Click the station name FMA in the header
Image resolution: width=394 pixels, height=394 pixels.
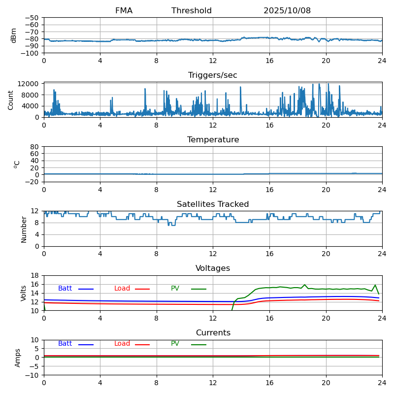(x=124, y=11)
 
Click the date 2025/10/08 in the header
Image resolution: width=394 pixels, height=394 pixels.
(x=287, y=11)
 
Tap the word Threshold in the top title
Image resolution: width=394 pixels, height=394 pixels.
(x=192, y=11)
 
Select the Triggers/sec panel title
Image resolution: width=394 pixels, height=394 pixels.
(x=213, y=75)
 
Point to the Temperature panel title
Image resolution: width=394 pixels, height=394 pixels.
(x=213, y=140)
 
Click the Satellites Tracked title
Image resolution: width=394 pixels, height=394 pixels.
(x=213, y=204)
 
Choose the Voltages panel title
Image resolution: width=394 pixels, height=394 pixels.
(x=213, y=268)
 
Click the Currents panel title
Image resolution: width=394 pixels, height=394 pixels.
(x=213, y=333)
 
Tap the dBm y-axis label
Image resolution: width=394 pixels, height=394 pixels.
(x=14, y=35)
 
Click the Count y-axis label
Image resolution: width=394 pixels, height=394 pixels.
(x=11, y=99)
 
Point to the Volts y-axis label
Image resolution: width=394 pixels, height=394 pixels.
(x=24, y=293)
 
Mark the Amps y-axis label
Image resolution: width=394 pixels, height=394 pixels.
(x=18, y=358)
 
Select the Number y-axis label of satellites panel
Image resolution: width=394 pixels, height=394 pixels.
(x=24, y=229)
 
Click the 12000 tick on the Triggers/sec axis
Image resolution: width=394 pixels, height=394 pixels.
(x=29, y=84)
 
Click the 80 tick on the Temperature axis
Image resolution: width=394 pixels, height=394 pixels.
(x=34, y=147)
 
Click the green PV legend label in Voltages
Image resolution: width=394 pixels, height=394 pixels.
(x=175, y=289)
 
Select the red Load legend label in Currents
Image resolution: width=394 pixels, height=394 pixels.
(x=122, y=344)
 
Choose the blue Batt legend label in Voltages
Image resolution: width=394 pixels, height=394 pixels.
(x=65, y=289)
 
